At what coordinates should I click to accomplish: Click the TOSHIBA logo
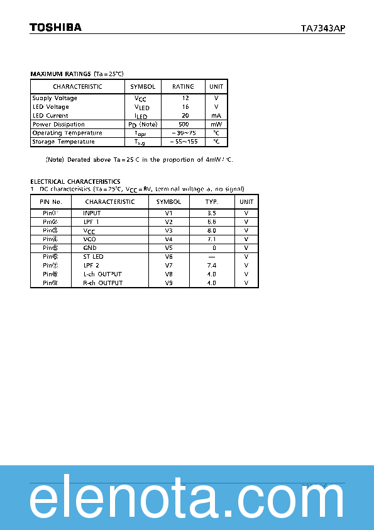(x=55, y=27)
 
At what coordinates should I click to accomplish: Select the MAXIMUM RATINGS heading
(x=60, y=74)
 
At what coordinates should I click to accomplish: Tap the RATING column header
(x=183, y=86)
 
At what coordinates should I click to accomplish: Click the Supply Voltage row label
(x=55, y=98)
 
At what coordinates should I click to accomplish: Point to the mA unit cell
(x=216, y=116)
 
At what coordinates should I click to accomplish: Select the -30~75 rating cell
(x=183, y=133)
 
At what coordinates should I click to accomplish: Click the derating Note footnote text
(x=139, y=160)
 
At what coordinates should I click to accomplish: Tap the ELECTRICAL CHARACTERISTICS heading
(x=75, y=182)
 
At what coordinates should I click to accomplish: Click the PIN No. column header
(x=51, y=202)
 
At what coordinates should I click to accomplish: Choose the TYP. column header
(x=211, y=202)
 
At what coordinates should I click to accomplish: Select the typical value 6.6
(x=211, y=222)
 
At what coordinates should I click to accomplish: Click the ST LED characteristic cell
(x=93, y=257)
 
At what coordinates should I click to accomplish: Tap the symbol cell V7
(x=168, y=266)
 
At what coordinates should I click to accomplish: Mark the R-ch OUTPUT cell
(x=102, y=283)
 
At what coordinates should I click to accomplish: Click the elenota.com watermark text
(x=187, y=501)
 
